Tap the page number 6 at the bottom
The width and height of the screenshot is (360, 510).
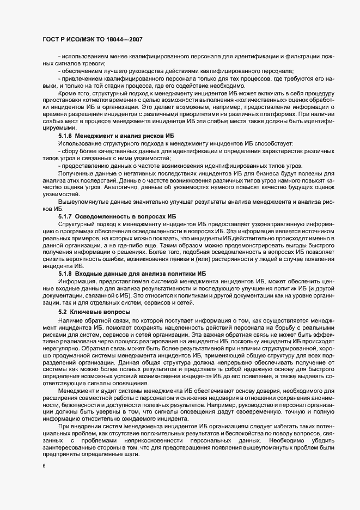44,466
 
